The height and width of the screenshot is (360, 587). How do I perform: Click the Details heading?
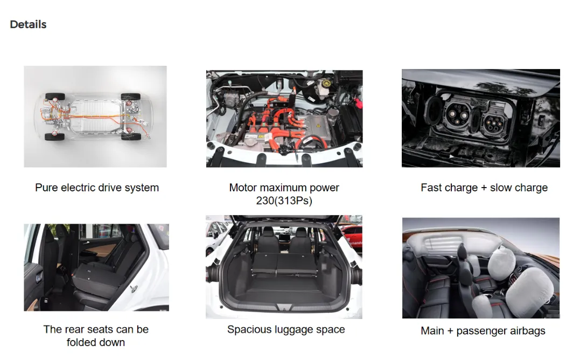28,25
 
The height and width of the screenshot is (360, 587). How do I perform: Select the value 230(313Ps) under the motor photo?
284,201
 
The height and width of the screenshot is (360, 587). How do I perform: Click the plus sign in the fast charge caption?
484,188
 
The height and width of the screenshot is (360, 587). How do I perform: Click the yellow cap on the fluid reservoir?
326,83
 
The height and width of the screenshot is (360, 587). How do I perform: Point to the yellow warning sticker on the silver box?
318,126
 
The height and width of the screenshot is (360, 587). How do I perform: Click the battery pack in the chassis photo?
96,116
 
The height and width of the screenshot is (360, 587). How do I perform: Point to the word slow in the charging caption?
500,188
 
